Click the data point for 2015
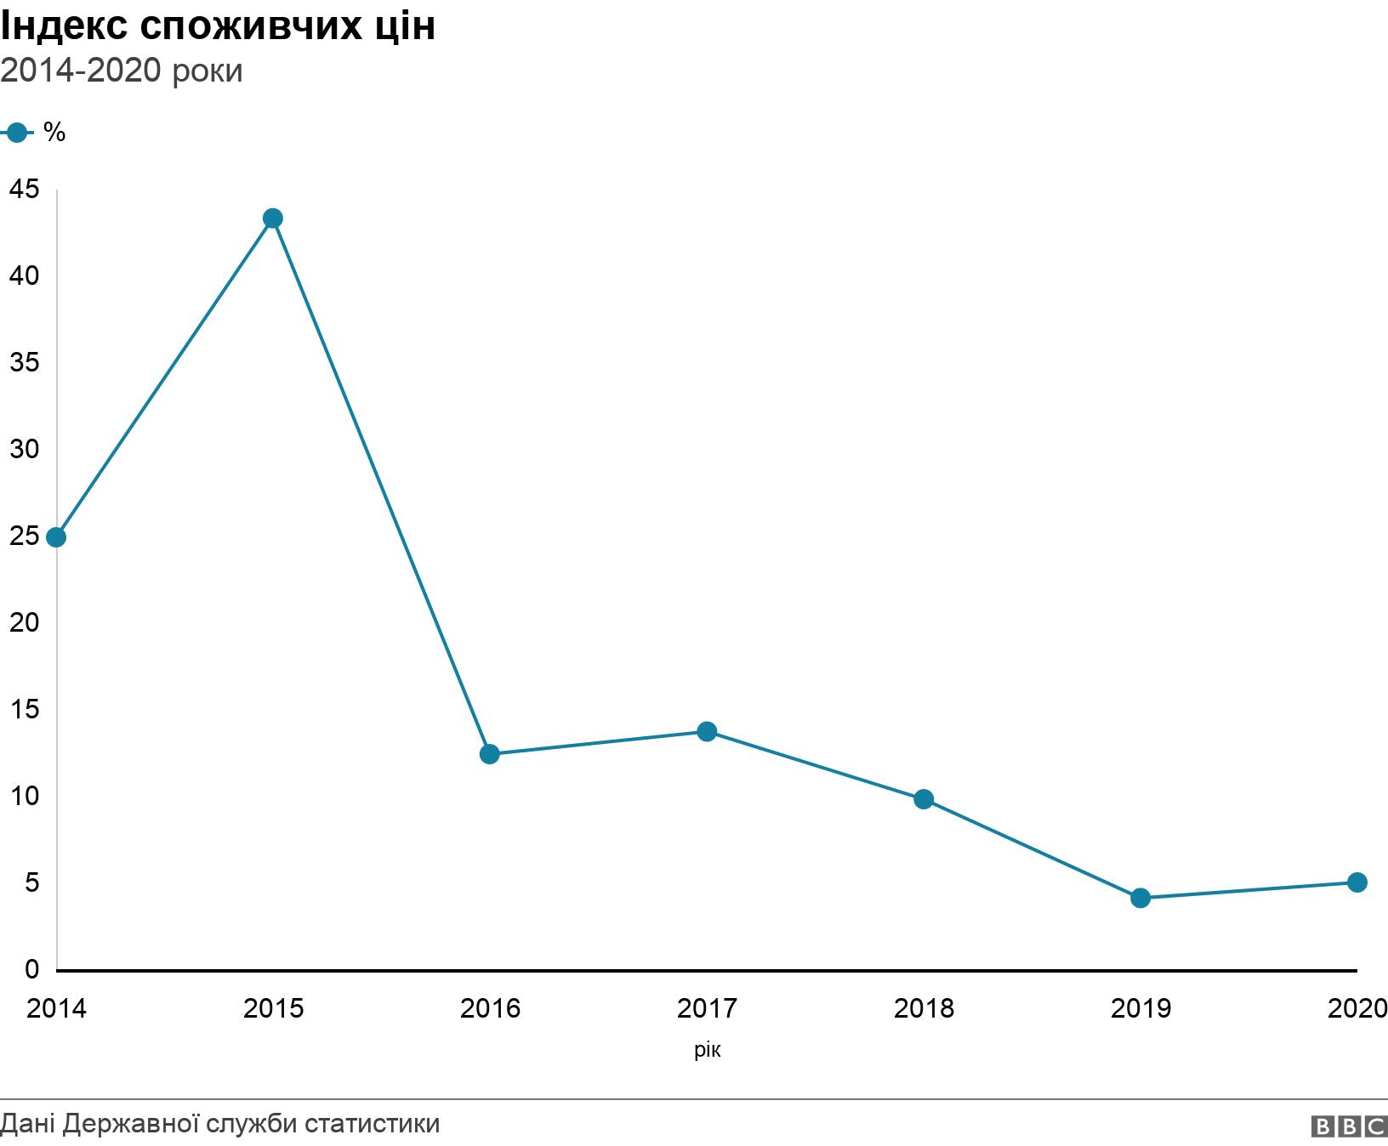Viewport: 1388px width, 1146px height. coord(272,218)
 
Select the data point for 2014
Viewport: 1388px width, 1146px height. coord(56,537)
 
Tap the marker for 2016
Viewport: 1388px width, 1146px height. coord(489,754)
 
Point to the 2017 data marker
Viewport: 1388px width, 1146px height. coord(707,731)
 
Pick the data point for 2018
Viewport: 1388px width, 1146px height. coord(924,799)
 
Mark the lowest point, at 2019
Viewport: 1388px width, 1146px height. coord(1141,898)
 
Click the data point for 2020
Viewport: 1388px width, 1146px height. coord(1357,882)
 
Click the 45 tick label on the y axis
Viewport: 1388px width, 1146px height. coord(25,190)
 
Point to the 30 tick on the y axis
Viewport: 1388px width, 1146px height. coord(25,449)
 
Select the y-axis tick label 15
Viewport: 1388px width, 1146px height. coord(25,709)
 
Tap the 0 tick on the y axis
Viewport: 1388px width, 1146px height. coord(32,969)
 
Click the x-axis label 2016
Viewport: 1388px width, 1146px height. coord(490,1008)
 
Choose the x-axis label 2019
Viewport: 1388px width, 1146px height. coord(1141,1008)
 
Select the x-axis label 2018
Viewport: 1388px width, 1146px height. coord(924,1008)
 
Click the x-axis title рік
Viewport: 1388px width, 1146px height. coord(707,1051)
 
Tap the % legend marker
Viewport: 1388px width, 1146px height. coord(15,133)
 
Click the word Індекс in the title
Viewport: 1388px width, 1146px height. coord(63,26)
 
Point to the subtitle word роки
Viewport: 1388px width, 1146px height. coord(207,71)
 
